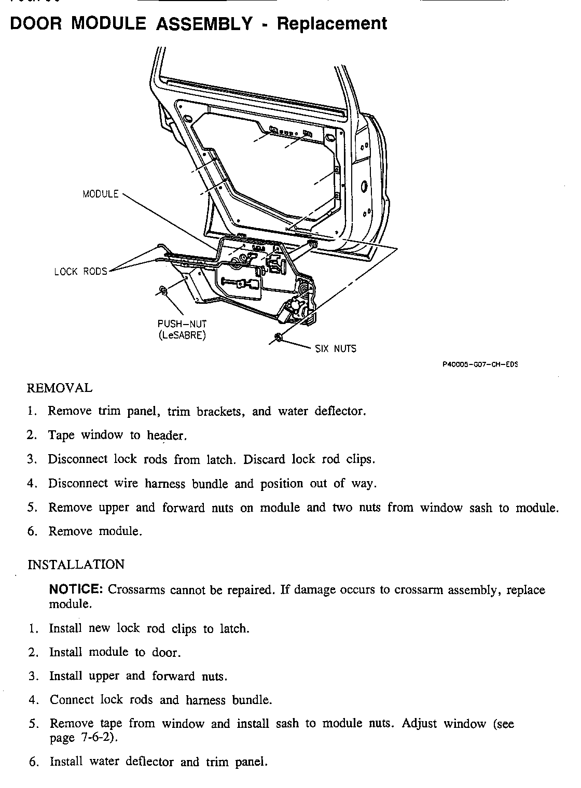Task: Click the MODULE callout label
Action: [x=101, y=194]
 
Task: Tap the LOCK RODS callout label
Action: [x=80, y=271]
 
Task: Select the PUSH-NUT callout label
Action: [x=182, y=324]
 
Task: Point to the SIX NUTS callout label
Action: [x=336, y=349]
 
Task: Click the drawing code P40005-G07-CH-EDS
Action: [x=480, y=364]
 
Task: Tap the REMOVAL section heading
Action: [x=59, y=388]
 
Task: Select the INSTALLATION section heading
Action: [x=76, y=565]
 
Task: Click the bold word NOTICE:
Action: [x=76, y=589]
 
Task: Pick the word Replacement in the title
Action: [x=332, y=23]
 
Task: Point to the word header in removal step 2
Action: [x=165, y=435]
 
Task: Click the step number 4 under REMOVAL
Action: [x=31, y=484]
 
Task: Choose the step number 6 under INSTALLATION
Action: [x=33, y=762]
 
